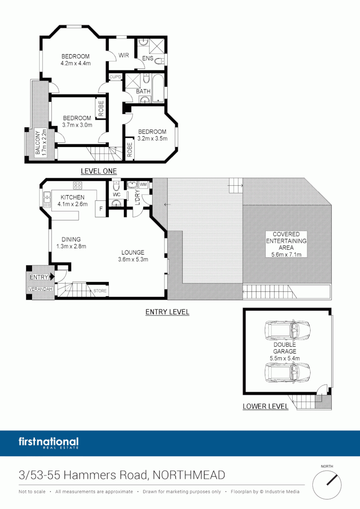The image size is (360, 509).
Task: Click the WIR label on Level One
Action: tap(123, 55)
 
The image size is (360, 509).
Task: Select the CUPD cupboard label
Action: tap(115, 77)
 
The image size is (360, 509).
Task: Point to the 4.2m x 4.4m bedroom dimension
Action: tap(75, 63)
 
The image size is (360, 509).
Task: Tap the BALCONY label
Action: tap(38, 143)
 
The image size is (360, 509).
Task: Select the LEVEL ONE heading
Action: tap(98, 171)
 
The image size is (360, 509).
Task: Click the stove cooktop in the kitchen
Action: tap(77, 184)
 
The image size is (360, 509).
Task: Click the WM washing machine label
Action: tap(143, 184)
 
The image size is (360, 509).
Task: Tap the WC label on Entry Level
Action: tap(116, 194)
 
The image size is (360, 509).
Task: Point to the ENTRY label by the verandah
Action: tap(39, 278)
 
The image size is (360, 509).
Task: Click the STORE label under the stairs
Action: tap(100, 291)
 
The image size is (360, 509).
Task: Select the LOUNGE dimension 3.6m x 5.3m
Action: tap(133, 259)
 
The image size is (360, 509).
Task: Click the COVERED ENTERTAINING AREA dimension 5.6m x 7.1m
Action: tap(286, 254)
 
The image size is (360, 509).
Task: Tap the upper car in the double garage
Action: tap(287, 331)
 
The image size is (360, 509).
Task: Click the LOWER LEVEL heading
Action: tap(265, 406)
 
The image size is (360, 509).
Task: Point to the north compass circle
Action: tap(327, 484)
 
